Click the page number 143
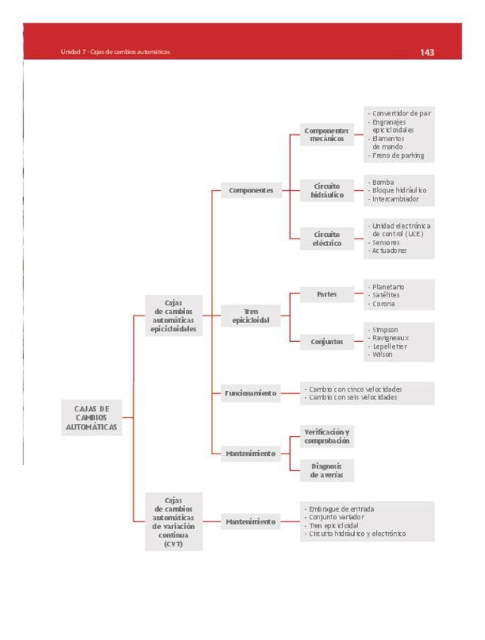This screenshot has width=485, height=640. click(427, 53)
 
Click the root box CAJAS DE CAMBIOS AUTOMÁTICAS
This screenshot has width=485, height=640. click(91, 417)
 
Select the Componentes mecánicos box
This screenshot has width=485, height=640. click(326, 134)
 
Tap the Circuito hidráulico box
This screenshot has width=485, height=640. click(326, 190)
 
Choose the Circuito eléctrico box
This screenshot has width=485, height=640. click(326, 238)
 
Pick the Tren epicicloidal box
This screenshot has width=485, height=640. click(250, 316)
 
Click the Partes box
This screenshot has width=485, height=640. click(326, 294)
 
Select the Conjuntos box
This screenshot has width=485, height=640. click(326, 342)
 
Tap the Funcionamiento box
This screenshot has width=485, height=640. click(250, 393)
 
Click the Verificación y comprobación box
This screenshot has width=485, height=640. click(326, 435)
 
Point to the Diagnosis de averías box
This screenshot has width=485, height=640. click(326, 471)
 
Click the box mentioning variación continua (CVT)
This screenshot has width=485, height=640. click(173, 522)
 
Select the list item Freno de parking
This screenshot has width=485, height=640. click(397, 155)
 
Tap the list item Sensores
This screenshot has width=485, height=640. click(385, 243)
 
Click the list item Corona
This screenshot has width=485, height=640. click(383, 303)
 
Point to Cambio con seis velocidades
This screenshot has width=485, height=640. click(351, 398)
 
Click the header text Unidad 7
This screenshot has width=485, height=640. click(73, 52)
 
